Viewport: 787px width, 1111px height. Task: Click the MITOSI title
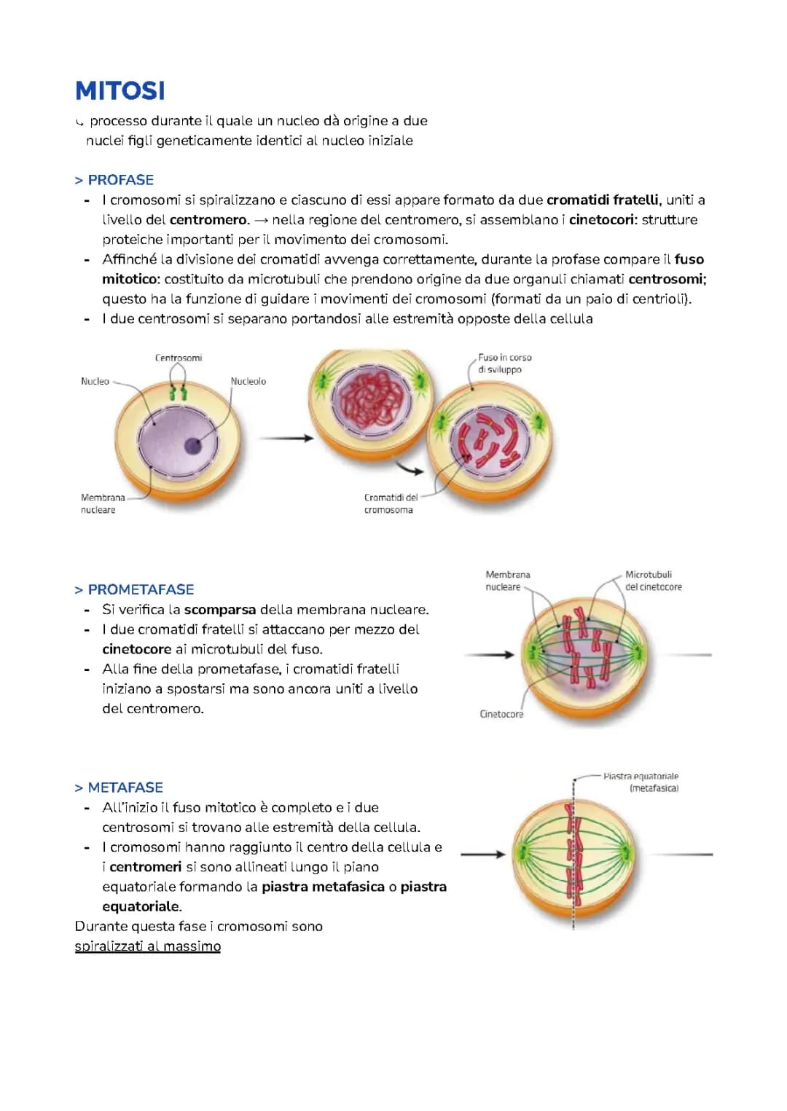click(120, 91)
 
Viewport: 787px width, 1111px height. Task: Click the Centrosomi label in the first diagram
click(179, 358)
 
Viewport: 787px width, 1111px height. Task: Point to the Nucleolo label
click(248, 381)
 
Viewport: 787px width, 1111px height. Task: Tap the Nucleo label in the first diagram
click(95, 381)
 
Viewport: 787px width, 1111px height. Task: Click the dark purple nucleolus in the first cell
click(193, 446)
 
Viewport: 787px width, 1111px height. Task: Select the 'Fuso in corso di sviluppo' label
click(505, 364)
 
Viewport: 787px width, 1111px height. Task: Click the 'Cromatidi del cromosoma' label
click(391, 503)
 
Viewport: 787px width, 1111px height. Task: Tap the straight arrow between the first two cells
click(286, 438)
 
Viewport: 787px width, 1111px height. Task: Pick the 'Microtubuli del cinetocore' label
click(653, 581)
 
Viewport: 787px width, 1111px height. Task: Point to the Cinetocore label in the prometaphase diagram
click(501, 714)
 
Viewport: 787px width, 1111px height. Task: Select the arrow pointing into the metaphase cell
click(482, 854)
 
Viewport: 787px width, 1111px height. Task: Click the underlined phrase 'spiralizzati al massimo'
click(148, 946)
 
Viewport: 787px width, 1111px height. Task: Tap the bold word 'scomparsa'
click(219, 610)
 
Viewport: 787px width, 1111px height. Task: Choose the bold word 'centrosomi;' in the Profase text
click(667, 279)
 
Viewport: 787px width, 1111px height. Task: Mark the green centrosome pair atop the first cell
click(179, 393)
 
